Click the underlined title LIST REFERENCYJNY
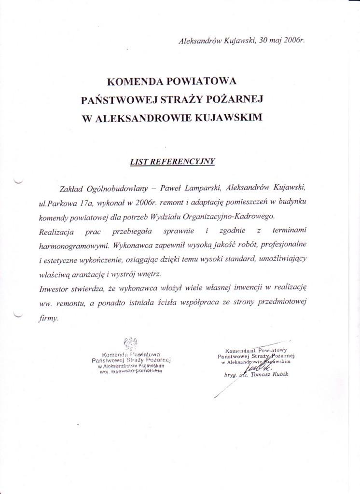[172, 162]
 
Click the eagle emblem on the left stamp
[128, 344]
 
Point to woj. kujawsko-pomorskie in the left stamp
[130, 372]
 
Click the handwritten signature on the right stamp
[258, 367]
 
